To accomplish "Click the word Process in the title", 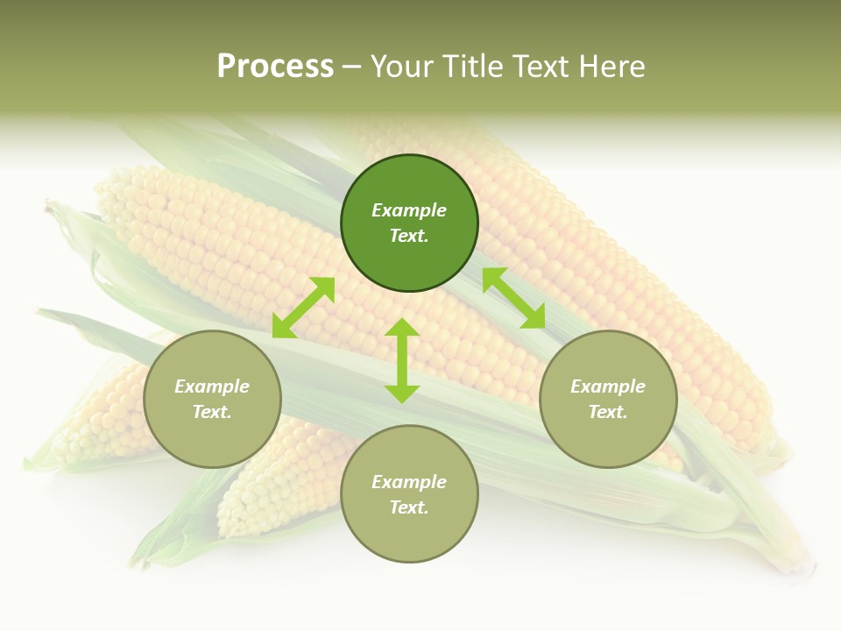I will (275, 67).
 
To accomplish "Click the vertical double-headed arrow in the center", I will (402, 360).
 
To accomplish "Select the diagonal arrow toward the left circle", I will (303, 308).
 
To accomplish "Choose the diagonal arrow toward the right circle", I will (513, 298).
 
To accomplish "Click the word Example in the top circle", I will (409, 210).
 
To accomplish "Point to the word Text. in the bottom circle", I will (409, 507).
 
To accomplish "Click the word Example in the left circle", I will (212, 386).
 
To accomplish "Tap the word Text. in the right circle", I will (608, 412).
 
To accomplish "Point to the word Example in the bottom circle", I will (409, 482).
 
